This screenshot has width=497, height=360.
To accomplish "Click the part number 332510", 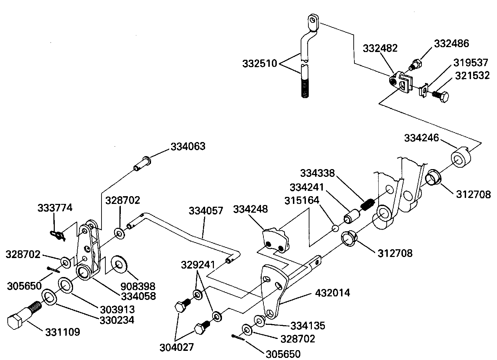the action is (260, 64).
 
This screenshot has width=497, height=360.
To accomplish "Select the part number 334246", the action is (421, 138).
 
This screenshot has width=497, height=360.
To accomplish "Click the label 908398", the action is (138, 286).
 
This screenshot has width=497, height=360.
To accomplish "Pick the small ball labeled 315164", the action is (335, 228).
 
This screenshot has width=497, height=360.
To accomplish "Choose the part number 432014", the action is (333, 293).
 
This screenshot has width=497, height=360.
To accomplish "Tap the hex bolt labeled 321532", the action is (440, 96).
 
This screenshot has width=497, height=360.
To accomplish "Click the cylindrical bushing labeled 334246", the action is (461, 157).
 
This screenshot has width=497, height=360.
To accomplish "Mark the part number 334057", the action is (206, 211).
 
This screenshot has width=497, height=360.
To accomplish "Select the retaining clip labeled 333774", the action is (58, 236).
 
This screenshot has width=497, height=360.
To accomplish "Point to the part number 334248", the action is (250, 209).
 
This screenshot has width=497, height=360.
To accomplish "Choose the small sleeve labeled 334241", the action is (352, 216).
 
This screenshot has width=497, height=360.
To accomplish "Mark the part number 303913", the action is (117, 310).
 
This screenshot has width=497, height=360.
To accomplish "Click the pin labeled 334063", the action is (142, 164).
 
